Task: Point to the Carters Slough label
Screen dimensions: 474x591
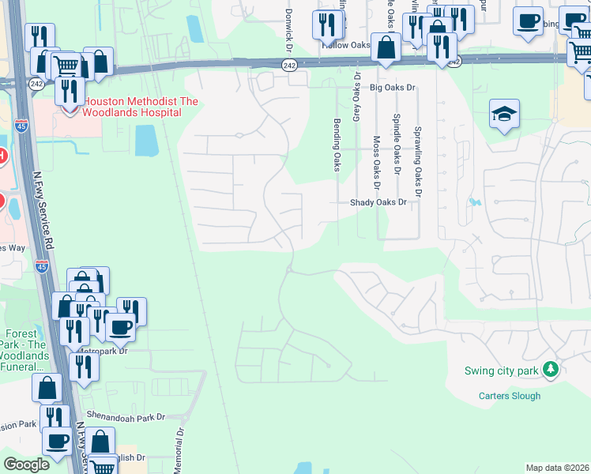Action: pyautogui.click(x=510, y=396)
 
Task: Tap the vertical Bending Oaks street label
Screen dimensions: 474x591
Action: pyautogui.click(x=337, y=144)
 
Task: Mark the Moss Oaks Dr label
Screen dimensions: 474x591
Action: pyautogui.click(x=376, y=165)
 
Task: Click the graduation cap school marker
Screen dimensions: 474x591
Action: pyautogui.click(x=503, y=115)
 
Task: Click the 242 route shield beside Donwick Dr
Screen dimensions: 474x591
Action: pyautogui.click(x=291, y=66)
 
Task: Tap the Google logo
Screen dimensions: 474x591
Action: pyautogui.click(x=27, y=465)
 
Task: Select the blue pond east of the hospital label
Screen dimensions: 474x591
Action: pyautogui.click(x=146, y=141)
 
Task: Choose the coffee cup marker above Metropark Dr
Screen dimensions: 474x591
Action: pyautogui.click(x=120, y=325)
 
